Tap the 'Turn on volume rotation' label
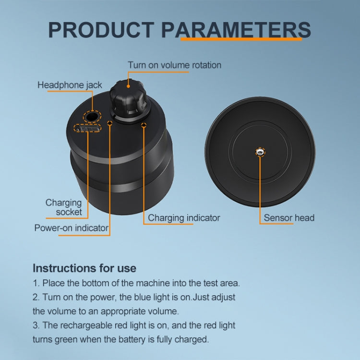pyautogui.click(x=174, y=65)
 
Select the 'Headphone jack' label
pyautogui.click(x=70, y=85)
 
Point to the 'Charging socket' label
pyautogui.click(x=64, y=207)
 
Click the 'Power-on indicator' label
pyautogui.click(x=71, y=228)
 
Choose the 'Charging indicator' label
pyautogui.click(x=184, y=218)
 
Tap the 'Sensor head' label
pyautogui.click(x=289, y=218)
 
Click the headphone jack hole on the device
pyautogui.click(x=91, y=116)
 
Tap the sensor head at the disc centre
pyautogui.click(x=260, y=152)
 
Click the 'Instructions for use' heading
pyautogui.click(x=84, y=268)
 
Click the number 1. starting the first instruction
pyautogui.click(x=36, y=283)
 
